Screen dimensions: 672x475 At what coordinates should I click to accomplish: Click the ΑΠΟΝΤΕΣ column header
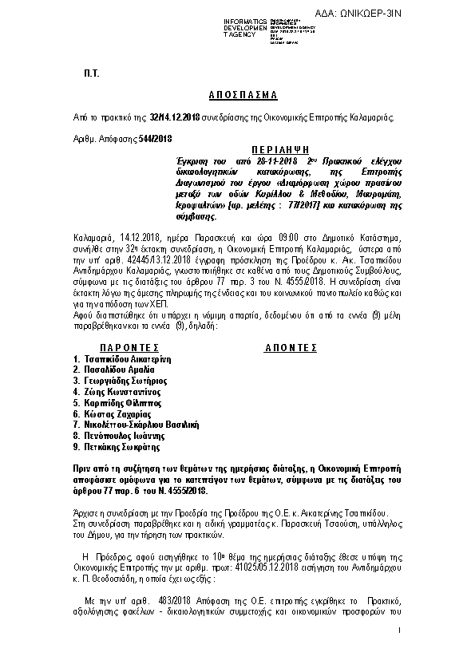coord(291,348)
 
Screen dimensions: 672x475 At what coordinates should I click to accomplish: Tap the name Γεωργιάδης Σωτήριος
coord(123,381)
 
